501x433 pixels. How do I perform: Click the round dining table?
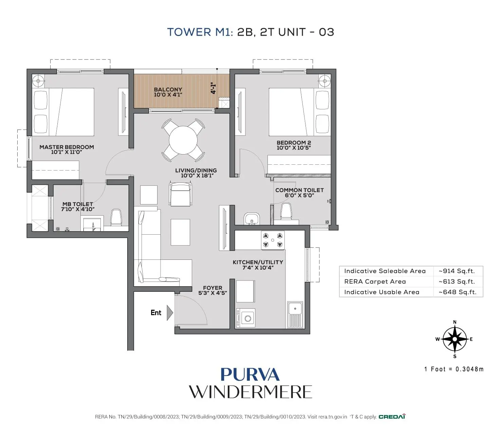point(183,140)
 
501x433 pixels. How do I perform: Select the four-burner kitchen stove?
point(273,240)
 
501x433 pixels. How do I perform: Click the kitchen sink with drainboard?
point(295,314)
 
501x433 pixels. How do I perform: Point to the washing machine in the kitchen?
point(246,318)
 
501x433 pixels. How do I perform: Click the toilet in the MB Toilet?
point(116,217)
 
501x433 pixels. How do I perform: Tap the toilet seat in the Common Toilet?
point(286,211)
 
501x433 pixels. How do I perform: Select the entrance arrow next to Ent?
point(170,313)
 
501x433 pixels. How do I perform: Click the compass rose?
point(454,339)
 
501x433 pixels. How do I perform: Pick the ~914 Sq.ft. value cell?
point(457,271)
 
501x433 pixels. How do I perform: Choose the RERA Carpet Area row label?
point(375,282)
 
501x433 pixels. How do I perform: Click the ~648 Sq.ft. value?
point(457,292)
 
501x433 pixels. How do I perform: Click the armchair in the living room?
point(180,194)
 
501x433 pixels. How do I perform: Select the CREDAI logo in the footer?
point(392,417)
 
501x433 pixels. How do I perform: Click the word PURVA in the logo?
point(250,375)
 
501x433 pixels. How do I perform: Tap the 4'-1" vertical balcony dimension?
point(213,88)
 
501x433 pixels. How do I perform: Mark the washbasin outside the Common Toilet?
point(252,219)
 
